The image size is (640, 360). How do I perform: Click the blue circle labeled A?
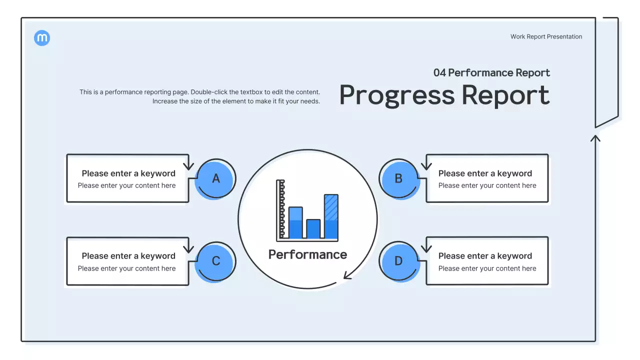(215, 178)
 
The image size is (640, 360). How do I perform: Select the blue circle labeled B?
(398, 178)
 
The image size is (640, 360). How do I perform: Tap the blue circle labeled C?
(215, 261)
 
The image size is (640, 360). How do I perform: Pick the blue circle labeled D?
(398, 261)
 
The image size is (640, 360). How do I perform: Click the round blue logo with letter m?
(42, 38)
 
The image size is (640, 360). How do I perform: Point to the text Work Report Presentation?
(546, 36)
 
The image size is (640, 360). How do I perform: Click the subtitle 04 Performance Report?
(491, 72)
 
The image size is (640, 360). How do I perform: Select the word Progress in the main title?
(397, 95)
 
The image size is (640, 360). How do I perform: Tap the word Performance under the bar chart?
(307, 254)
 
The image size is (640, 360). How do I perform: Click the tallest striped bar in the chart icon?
(331, 216)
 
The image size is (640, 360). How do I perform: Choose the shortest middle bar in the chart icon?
(313, 228)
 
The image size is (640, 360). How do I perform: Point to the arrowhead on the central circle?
(347, 275)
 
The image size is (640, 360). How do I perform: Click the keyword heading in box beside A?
(128, 173)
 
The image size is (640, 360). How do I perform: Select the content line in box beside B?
(487, 185)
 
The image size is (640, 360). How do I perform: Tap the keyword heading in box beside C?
(128, 256)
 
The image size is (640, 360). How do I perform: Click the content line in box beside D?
(487, 268)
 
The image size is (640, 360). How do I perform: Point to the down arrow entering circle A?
(188, 165)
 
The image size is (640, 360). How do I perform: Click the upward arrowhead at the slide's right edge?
(595, 137)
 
